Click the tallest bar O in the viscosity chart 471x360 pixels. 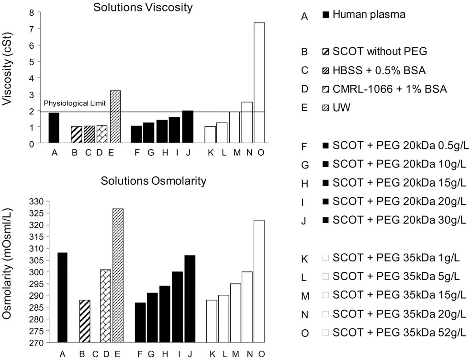click(259, 83)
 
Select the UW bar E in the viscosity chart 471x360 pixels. click(115, 117)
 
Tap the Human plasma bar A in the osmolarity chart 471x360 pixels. click(62, 297)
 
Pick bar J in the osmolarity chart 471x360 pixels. click(190, 299)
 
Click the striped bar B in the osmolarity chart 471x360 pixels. click(85, 321)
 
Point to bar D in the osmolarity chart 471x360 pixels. click(105, 306)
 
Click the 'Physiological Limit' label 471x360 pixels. click(75, 104)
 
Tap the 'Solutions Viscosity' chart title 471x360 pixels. click(143, 7)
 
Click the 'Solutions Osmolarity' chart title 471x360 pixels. click(154, 181)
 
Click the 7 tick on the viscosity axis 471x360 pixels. click(31, 29)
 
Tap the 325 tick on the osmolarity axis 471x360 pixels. click(35, 214)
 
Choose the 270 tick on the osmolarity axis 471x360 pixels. click(35, 343)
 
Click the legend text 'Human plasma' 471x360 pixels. click(369, 14)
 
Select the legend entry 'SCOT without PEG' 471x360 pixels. click(380, 51)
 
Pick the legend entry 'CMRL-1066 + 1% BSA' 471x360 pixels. click(390, 89)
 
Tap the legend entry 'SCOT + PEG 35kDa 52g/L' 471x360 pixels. click(399, 333)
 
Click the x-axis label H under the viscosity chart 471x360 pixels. click(165, 153)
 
